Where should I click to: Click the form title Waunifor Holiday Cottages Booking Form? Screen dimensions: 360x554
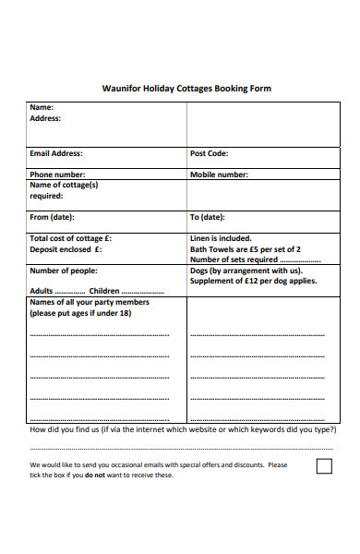[186, 90]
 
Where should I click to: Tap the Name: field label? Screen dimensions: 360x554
[42, 108]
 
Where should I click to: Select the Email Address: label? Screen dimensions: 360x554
[56, 153]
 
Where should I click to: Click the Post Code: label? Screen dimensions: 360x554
[209, 153]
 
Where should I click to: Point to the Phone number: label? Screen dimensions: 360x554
[57, 174]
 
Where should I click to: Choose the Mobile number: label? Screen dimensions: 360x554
[219, 174]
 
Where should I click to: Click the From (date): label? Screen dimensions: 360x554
[52, 217]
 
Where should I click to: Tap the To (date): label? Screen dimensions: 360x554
[207, 217]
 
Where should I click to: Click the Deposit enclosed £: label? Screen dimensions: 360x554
[66, 249]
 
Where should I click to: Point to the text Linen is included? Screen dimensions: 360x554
[221, 238]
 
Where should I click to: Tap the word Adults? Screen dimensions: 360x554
[42, 290]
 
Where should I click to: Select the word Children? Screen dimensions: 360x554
[103, 290]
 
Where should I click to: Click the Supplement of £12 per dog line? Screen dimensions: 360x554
[252, 281]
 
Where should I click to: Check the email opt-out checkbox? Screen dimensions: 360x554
[324, 465]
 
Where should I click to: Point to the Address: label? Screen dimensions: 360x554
[45, 118]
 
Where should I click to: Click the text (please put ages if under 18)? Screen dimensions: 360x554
[80, 313]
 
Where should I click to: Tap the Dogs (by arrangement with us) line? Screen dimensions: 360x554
[246, 271]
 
